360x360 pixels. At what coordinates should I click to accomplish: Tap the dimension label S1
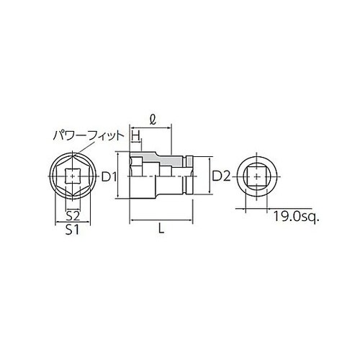coord(72,230)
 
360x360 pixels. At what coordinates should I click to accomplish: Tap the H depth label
coord(135,134)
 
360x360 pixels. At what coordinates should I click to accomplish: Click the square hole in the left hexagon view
coord(72,176)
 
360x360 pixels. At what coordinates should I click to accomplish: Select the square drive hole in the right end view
coord(257,176)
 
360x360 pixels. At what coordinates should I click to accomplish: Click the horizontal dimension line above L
coord(161,221)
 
